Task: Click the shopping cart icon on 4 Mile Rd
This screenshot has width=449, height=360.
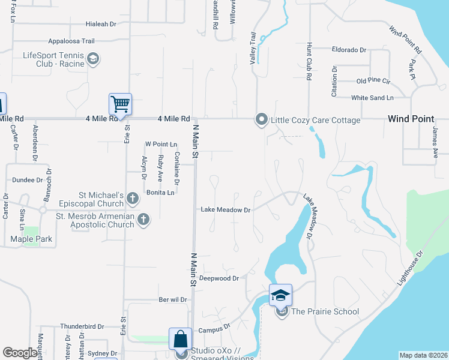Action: [x=120, y=104]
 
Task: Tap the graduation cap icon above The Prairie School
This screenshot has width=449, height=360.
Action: [x=280, y=295]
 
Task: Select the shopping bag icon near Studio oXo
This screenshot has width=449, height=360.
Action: [x=180, y=340]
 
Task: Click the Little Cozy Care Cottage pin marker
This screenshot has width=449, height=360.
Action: [x=261, y=120]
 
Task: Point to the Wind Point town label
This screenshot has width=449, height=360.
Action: [x=410, y=119]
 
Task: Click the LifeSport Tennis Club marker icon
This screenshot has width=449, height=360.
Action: [x=93, y=59]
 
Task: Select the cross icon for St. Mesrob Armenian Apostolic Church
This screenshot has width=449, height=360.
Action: [x=143, y=220]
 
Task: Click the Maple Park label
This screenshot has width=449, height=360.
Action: [x=31, y=239]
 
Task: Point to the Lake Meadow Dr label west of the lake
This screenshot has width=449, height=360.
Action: [x=225, y=210]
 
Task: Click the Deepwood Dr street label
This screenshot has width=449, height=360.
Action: [x=219, y=278]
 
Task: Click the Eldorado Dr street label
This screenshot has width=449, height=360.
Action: [x=349, y=50]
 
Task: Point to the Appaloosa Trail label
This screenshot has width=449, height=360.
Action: [x=71, y=41]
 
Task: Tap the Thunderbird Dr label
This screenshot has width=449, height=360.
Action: [x=82, y=327]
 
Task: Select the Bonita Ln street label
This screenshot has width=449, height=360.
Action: [x=160, y=193]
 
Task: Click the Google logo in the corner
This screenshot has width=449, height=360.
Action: [x=20, y=353]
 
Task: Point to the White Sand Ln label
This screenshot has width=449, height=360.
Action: [x=372, y=97]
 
